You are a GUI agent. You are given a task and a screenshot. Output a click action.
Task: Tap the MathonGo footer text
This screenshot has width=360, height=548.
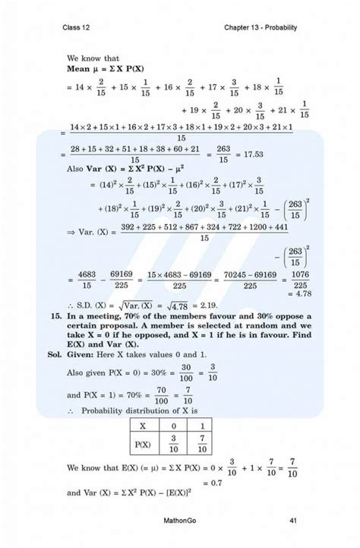(181, 520)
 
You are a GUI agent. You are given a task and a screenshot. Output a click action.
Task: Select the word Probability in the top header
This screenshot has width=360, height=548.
(276, 27)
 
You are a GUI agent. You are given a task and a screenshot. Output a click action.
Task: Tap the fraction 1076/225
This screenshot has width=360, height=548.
(302, 279)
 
